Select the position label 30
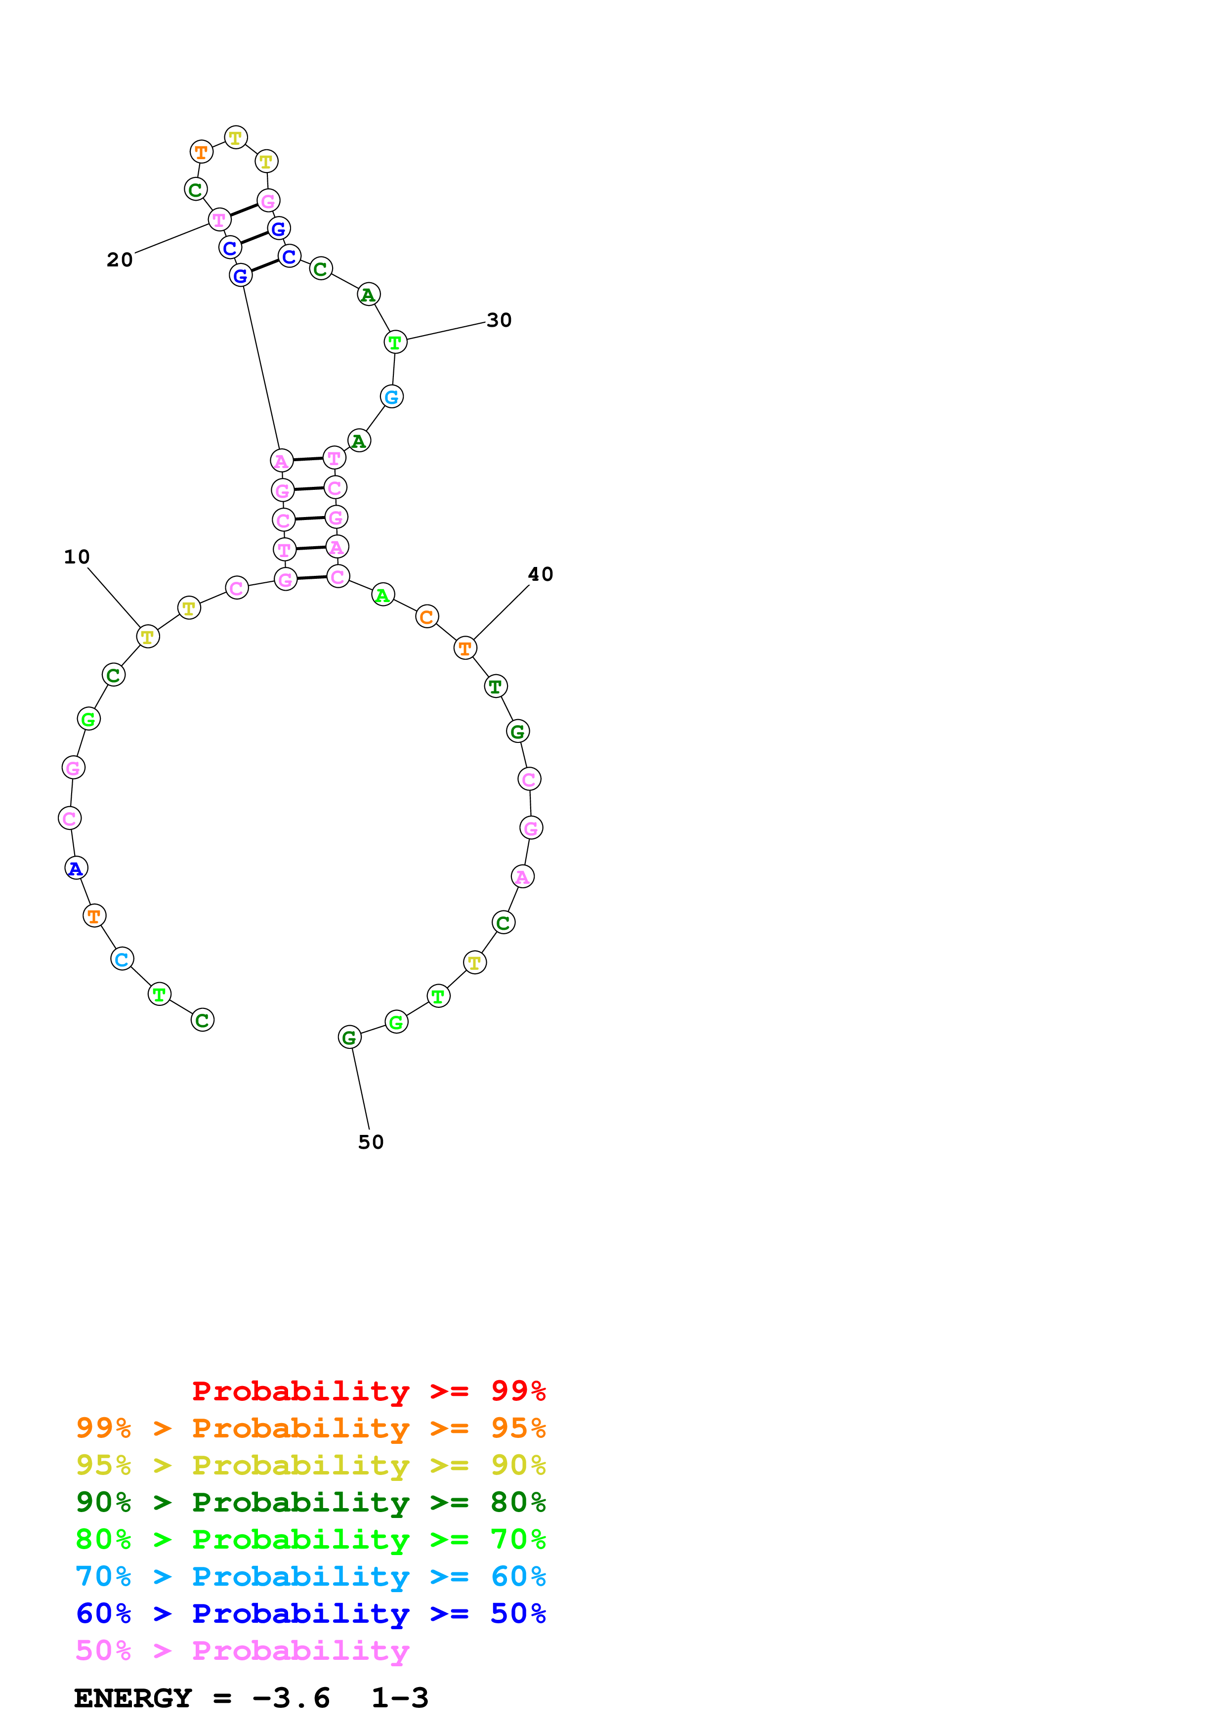click(x=499, y=320)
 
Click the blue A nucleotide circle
click(x=76, y=868)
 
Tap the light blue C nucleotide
click(x=122, y=959)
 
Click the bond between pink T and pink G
click(x=244, y=210)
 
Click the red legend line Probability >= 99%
click(x=368, y=1390)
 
